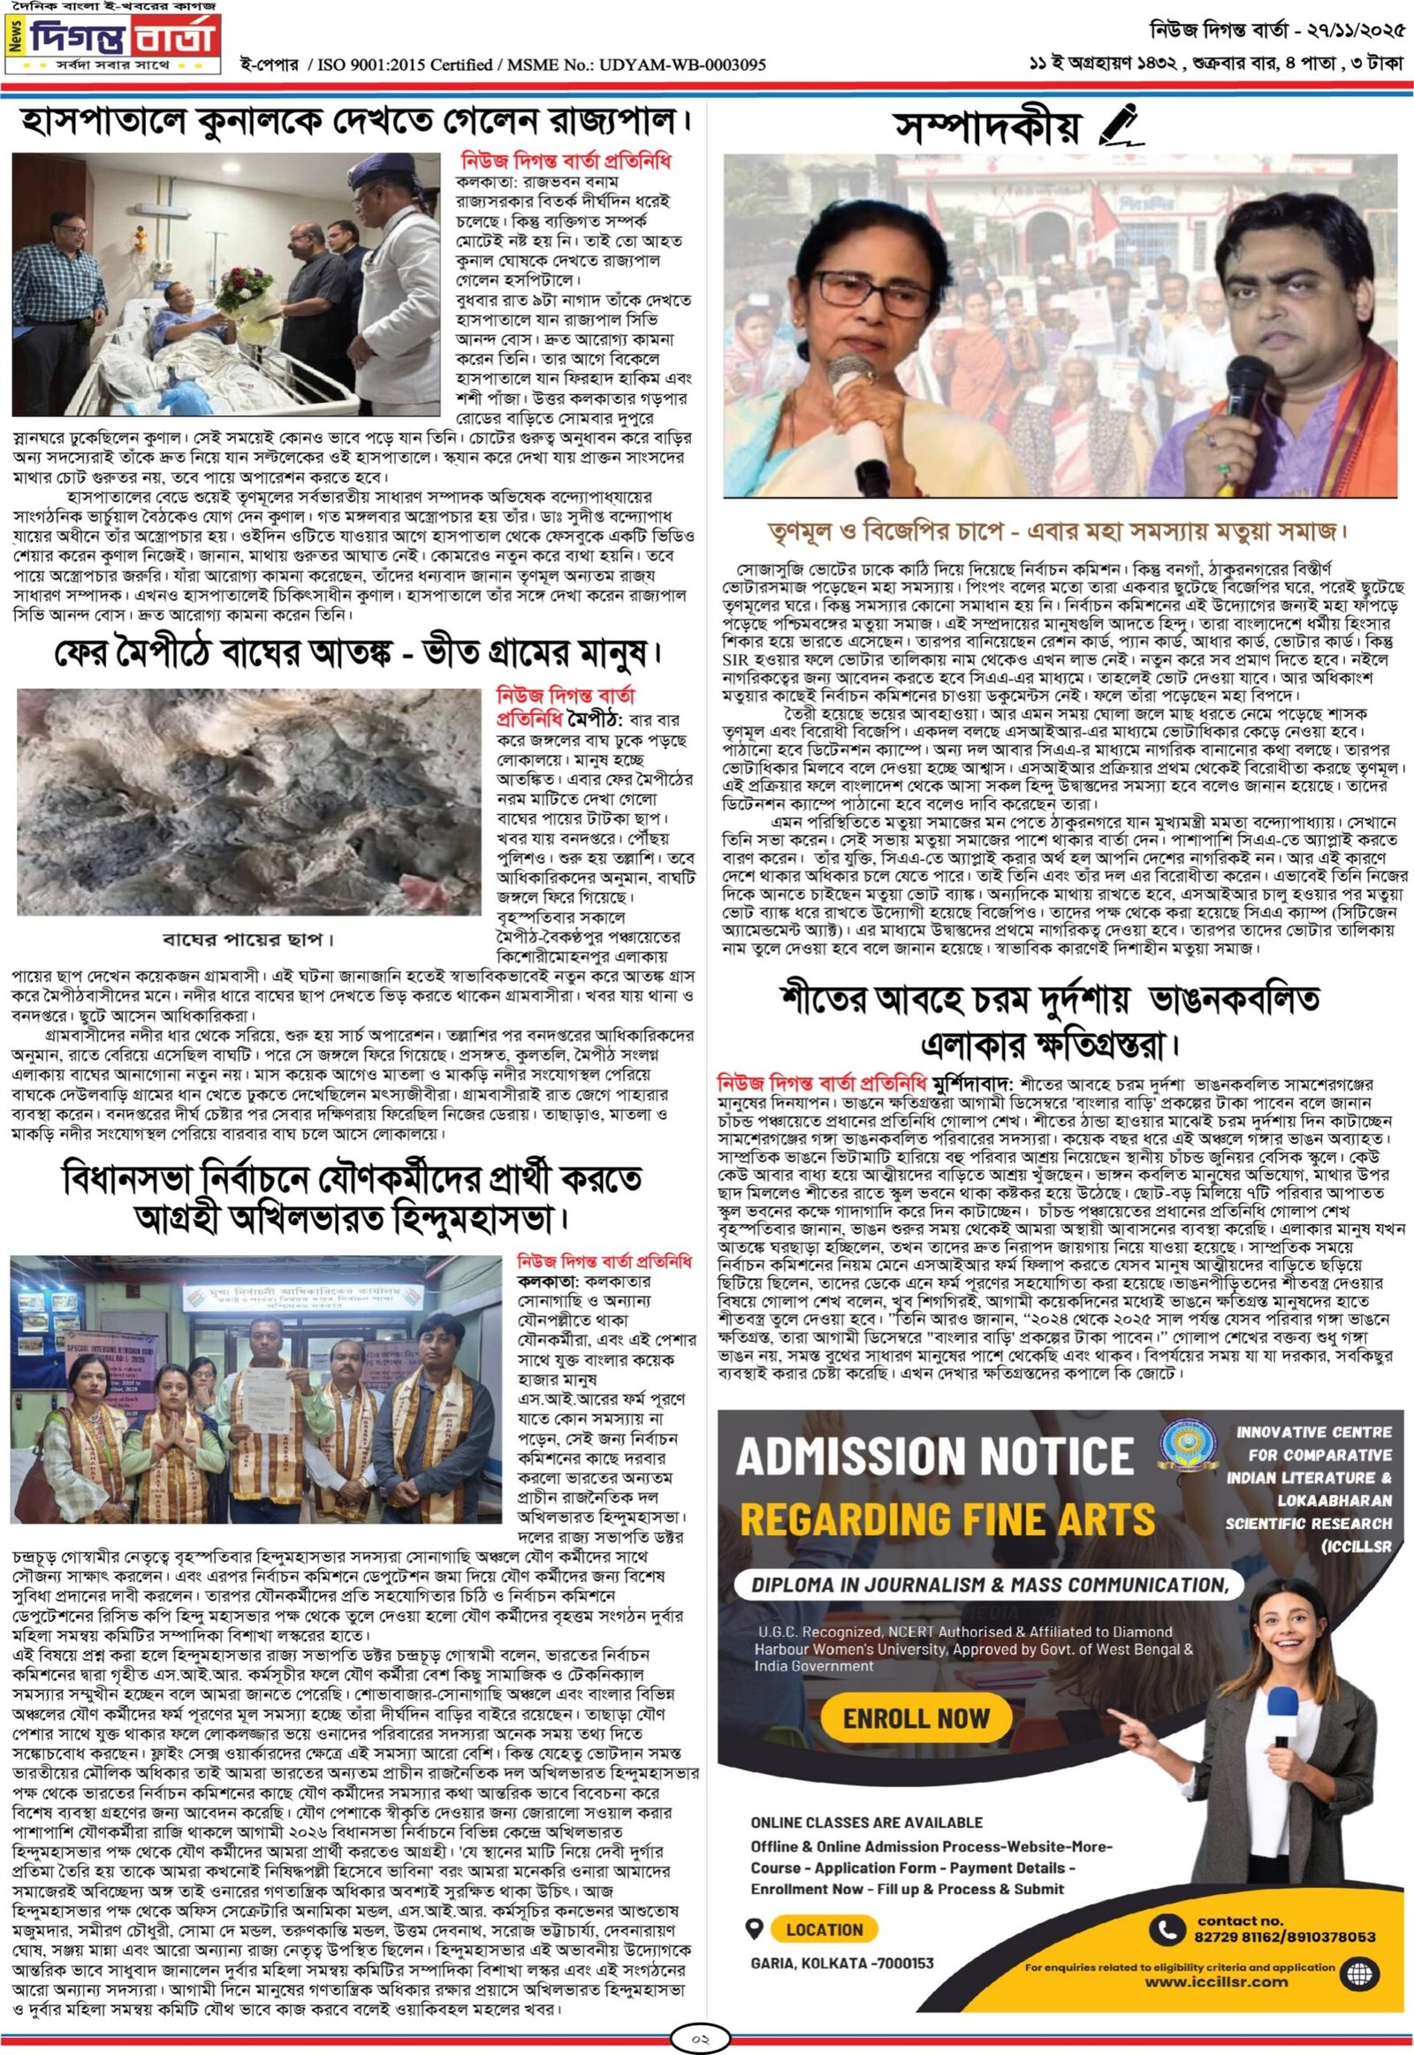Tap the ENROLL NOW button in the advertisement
[x=916, y=1718]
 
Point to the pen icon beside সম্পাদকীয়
[x=1121, y=125]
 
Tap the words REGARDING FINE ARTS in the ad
[x=947, y=1518]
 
